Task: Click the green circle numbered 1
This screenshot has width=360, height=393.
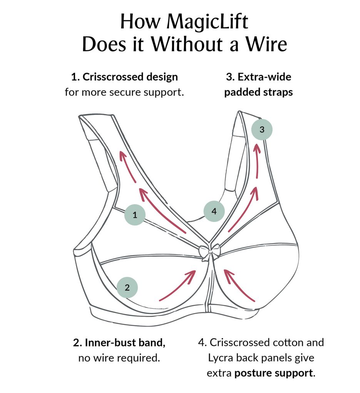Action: point(135,215)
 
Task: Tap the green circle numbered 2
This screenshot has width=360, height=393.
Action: point(127,287)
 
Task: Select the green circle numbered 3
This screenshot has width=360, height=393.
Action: point(262,129)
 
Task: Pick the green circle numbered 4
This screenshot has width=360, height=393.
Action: point(214,211)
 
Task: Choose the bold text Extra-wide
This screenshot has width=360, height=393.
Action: point(258,77)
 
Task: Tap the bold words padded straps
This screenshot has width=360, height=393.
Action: point(258,92)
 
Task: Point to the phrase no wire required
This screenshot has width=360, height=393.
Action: point(119,358)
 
